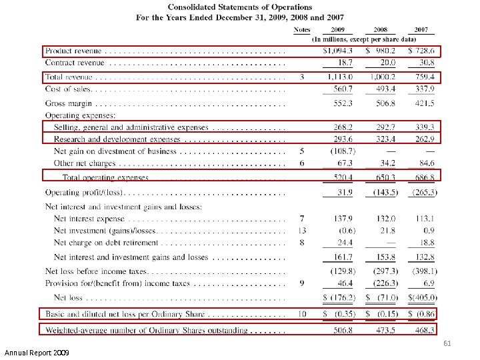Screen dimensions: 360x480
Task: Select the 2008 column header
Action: pos(381,30)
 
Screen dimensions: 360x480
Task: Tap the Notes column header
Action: pos(302,30)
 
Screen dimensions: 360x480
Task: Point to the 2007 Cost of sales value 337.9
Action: pos(424,89)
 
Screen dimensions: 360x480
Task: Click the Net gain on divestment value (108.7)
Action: pos(343,151)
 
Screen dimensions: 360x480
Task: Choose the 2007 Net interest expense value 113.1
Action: pos(424,219)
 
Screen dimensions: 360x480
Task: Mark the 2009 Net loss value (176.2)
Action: pos(339,297)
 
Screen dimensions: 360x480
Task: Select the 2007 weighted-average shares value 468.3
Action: pos(424,329)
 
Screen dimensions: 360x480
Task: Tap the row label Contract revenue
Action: pos(75,63)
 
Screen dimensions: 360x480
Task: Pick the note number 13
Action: pos(302,231)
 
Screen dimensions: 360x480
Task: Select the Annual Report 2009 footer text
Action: pos(39,352)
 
